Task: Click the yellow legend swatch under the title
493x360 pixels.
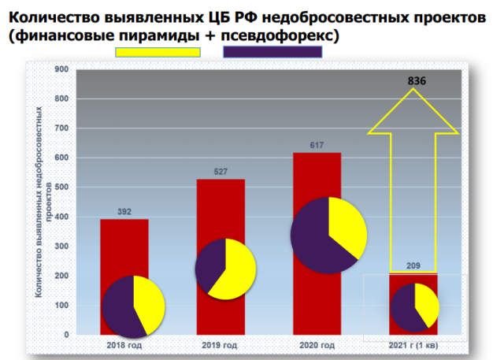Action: pos(158,52)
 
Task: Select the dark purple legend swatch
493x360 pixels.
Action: pos(272,52)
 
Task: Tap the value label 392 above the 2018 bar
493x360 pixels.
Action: pos(124,211)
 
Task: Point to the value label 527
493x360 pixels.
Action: pos(221,172)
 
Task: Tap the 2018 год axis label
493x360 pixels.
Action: pos(124,345)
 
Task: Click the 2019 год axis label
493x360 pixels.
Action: pos(220,345)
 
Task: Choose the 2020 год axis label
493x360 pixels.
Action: pos(317,345)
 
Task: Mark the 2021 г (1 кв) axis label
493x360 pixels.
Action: pos(414,345)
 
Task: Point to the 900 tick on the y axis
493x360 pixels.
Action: pos(61,69)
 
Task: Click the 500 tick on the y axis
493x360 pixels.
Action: pos(61,187)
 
